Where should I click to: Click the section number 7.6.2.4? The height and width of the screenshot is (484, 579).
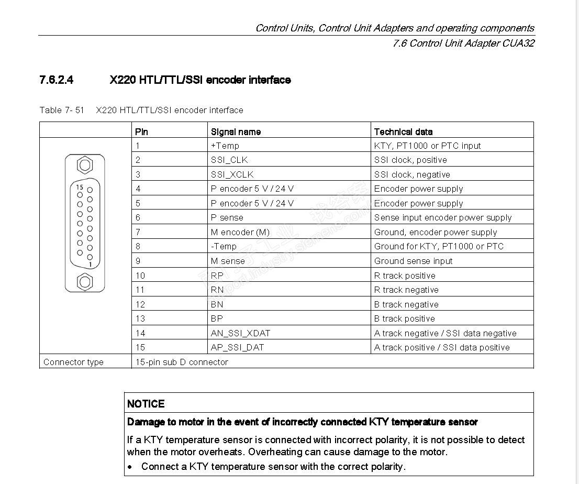click(x=56, y=80)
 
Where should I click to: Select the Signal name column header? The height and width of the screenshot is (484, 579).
click(x=236, y=131)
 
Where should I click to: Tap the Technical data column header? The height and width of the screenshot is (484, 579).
click(x=403, y=131)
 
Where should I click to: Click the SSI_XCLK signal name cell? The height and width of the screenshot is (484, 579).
click(x=232, y=174)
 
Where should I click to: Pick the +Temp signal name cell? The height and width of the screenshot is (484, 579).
click(x=225, y=146)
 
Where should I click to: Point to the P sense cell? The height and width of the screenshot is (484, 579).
click(x=227, y=217)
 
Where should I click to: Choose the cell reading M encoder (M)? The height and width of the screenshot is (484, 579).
click(x=240, y=232)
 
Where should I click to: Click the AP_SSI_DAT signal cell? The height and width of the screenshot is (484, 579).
click(x=237, y=347)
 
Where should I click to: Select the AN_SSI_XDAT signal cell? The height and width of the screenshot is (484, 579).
click(x=240, y=333)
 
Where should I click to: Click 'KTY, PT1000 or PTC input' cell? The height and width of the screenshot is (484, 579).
click(x=427, y=146)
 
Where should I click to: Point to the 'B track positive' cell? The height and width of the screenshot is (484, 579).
click(x=404, y=318)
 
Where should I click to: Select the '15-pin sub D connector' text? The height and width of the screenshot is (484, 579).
click(x=182, y=362)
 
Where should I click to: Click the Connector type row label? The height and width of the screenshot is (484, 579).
click(x=73, y=362)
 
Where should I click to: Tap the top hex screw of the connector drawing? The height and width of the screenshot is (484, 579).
click(x=85, y=166)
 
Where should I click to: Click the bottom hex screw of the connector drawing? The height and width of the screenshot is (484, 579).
click(x=85, y=282)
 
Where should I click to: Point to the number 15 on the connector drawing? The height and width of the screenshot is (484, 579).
click(x=79, y=187)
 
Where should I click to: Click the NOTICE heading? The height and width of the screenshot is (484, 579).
click(x=146, y=404)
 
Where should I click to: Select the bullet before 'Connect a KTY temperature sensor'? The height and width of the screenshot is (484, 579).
click(x=130, y=467)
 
